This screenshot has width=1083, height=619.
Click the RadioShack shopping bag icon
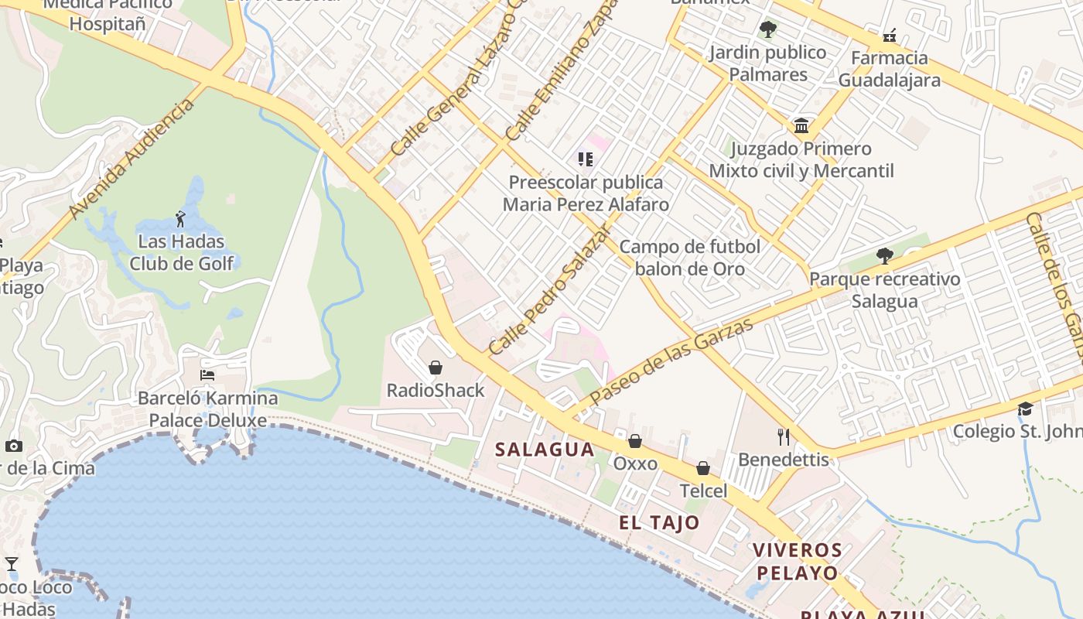[436, 368]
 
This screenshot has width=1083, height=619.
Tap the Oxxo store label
[635, 463]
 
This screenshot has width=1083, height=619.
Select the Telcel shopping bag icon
[703, 468]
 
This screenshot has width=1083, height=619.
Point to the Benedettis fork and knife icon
[784, 437]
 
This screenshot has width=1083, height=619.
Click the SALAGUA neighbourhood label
[545, 450]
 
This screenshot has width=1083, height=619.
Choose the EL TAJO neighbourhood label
[659, 522]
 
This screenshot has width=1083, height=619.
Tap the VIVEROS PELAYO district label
[797, 562]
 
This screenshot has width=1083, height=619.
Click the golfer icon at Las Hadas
[181, 219]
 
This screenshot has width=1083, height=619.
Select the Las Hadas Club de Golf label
[181, 252]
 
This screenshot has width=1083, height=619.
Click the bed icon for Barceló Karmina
[207, 375]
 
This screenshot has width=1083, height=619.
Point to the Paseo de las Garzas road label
[671, 362]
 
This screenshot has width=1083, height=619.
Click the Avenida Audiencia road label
[131, 159]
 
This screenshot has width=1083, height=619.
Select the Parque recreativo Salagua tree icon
[884, 256]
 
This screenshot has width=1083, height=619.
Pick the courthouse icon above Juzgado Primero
[801, 125]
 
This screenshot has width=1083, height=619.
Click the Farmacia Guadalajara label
[890, 69]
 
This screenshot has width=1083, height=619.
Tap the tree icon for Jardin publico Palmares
[768, 30]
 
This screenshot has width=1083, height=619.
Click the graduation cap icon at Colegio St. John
[1025, 409]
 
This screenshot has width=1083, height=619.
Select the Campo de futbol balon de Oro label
[690, 258]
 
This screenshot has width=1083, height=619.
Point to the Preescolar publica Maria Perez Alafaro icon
[586, 159]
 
